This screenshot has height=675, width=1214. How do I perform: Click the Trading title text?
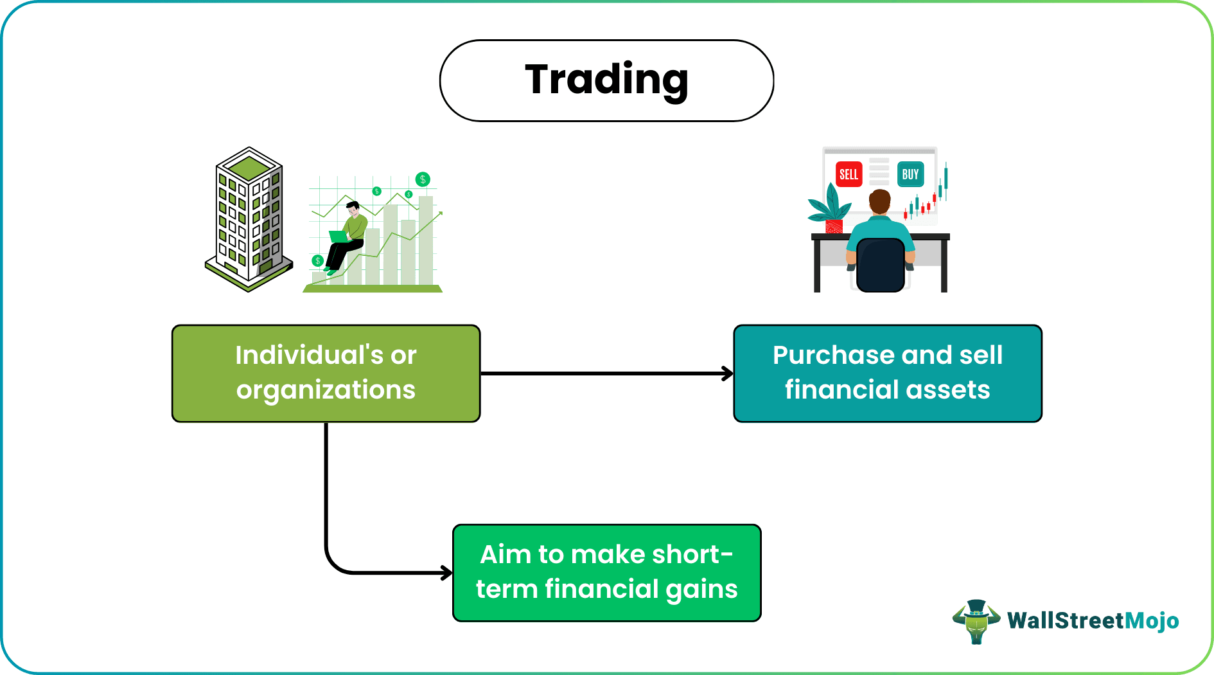pyautogui.click(x=606, y=80)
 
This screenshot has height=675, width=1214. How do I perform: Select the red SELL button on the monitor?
pyautogui.click(x=849, y=174)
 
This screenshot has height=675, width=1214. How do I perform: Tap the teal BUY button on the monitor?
pyautogui.click(x=910, y=174)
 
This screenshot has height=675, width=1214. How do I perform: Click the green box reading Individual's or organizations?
pyautogui.click(x=326, y=373)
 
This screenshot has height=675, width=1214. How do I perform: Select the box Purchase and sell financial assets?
pyautogui.click(x=887, y=373)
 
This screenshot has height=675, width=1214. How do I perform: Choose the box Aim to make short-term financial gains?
pyautogui.click(x=606, y=573)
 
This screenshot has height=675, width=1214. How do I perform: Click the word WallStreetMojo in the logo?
pyautogui.click(x=1093, y=621)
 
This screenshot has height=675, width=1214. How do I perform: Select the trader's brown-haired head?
pyautogui.click(x=879, y=201)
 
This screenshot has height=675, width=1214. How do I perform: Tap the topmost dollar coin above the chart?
pyautogui.click(x=423, y=179)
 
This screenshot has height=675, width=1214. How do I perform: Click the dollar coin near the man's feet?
pyautogui.click(x=317, y=260)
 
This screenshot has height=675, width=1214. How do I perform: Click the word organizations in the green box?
pyautogui.click(x=326, y=390)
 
